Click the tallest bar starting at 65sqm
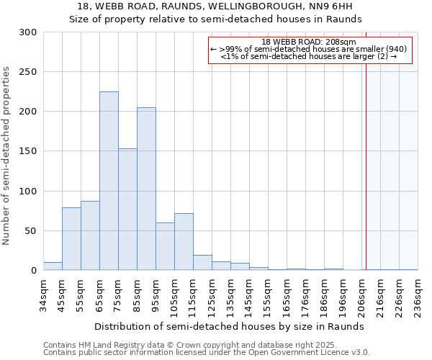(x=109, y=181)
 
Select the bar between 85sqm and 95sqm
(x=146, y=189)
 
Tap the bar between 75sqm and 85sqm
(x=127, y=209)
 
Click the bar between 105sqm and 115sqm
(x=184, y=241)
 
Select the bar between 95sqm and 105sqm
(x=165, y=246)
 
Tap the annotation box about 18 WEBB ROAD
(x=310, y=50)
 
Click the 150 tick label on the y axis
(x=28, y=151)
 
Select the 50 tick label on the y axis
(x=31, y=231)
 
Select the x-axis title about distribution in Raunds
(x=230, y=326)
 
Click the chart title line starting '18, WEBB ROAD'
(x=215, y=7)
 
